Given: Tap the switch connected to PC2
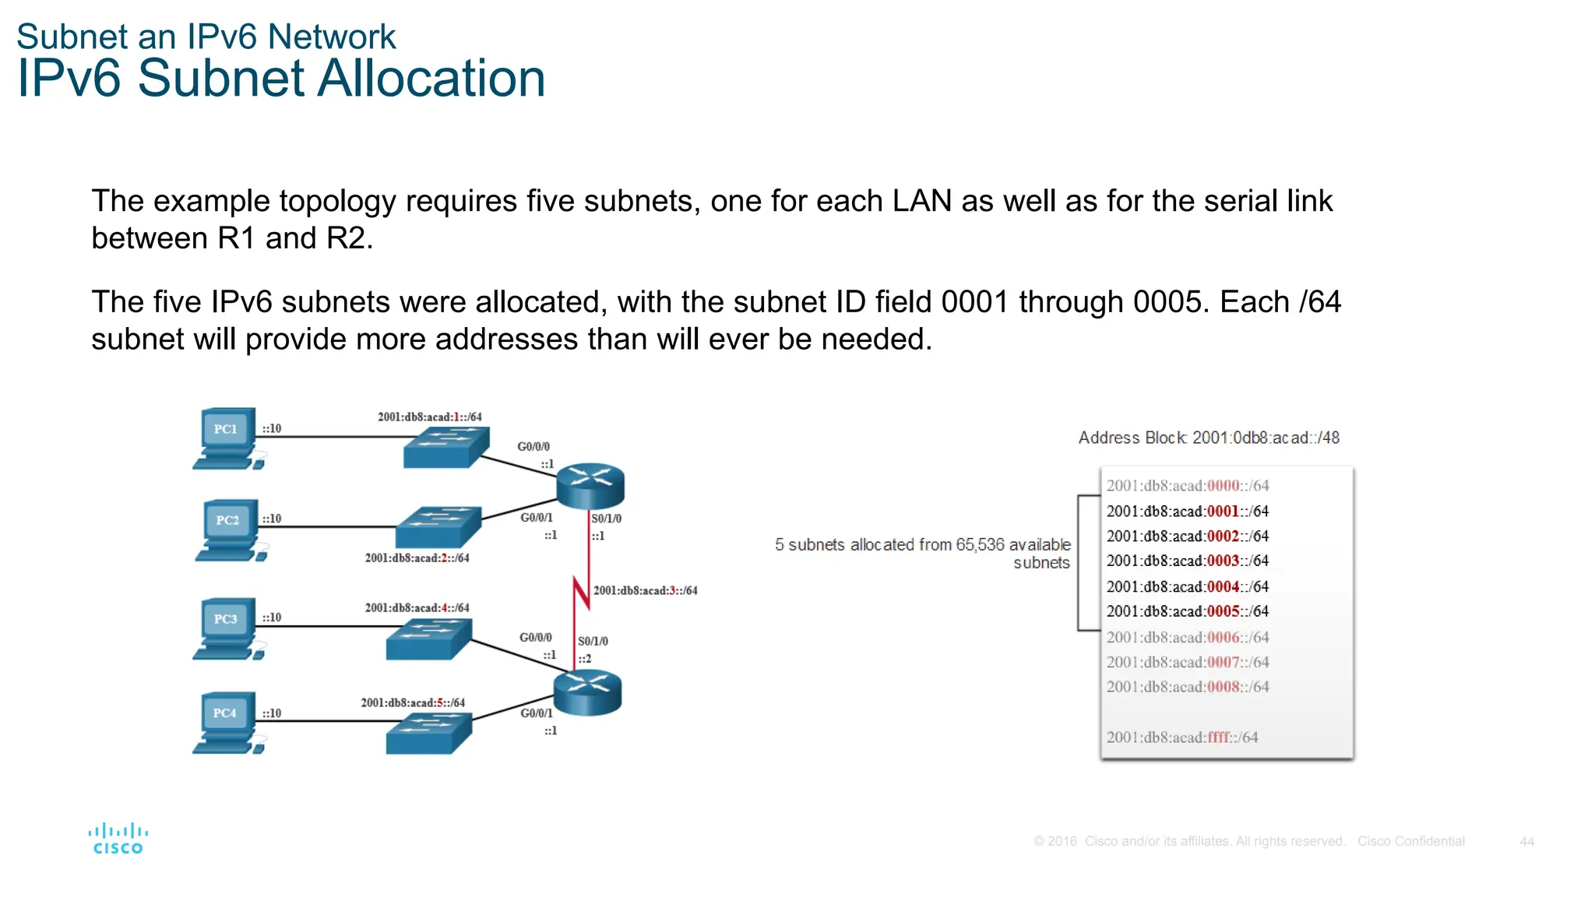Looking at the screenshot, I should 438,527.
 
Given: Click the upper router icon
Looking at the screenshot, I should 590,484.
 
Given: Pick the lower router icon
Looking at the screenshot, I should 587,691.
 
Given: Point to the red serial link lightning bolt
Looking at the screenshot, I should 581,594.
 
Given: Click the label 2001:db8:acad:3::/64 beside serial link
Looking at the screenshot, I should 645,590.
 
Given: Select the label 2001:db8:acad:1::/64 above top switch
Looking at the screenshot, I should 429,417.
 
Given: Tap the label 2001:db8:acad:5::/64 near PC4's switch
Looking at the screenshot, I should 412,702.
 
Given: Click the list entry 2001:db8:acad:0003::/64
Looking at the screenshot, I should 1187,561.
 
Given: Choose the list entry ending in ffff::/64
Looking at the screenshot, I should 1181,737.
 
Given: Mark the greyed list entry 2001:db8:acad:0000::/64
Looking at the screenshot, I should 1187,485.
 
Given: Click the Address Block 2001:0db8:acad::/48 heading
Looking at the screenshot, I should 1208,438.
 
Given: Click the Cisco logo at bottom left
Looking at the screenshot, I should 118,839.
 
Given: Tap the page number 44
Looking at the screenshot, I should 1526,841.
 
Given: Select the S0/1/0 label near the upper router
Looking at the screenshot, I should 606,518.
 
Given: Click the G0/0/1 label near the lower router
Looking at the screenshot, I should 536,712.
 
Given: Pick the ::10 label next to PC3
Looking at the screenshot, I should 271,617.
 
